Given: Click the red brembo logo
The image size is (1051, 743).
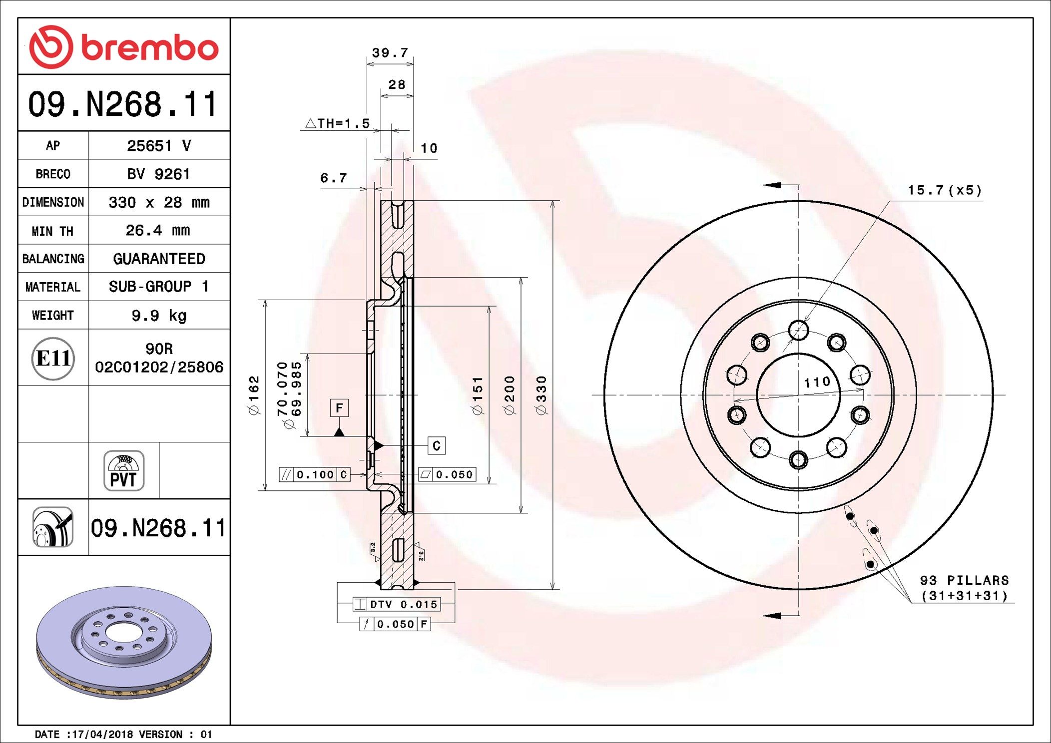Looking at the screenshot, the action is [x=124, y=47].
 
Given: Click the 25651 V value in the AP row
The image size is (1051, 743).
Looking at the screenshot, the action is [x=159, y=146].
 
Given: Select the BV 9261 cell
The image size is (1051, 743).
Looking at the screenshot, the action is [x=159, y=174].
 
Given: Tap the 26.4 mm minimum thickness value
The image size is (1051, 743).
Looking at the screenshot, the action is [x=158, y=230].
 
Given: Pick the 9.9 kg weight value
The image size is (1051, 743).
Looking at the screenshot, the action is [x=159, y=316].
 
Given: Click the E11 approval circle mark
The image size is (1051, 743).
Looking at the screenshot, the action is [x=53, y=358].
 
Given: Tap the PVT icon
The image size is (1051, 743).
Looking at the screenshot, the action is [x=124, y=471].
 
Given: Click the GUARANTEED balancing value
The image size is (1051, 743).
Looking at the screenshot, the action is [x=159, y=259].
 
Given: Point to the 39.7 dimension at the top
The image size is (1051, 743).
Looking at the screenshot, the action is [x=390, y=53].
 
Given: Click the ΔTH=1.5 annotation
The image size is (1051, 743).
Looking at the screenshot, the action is [x=338, y=123].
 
